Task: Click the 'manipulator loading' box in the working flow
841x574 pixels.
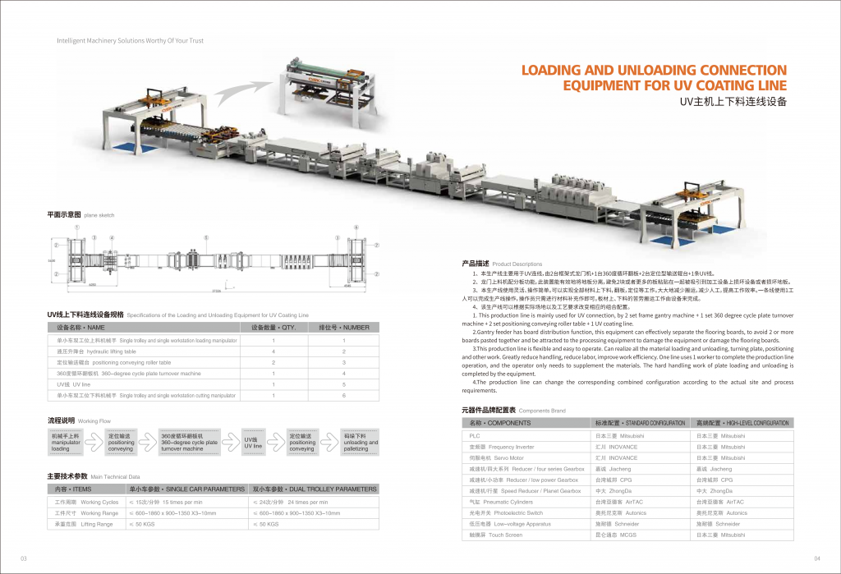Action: [66, 443]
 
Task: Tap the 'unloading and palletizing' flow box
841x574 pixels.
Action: [361, 443]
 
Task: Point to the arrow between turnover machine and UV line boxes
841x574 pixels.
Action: [231, 443]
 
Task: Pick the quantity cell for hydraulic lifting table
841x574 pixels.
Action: [273, 351]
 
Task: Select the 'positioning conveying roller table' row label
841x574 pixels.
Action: [113, 362]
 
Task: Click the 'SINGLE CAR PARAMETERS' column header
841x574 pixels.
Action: [186, 489]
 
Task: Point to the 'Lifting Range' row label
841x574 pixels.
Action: [83, 523]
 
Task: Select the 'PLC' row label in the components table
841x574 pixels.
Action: [475, 435]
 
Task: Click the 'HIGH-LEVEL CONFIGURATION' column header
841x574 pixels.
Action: [742, 422]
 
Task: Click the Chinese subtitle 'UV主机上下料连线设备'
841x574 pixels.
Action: [733, 103]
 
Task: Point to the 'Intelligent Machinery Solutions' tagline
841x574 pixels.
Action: [130, 40]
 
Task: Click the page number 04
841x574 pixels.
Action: [817, 558]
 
